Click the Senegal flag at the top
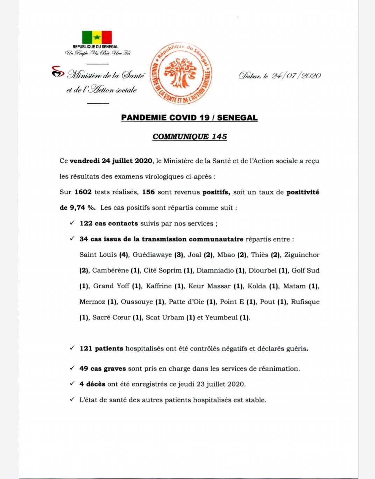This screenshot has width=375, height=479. tap(97, 37)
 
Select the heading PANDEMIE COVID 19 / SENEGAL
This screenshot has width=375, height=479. tap(189, 118)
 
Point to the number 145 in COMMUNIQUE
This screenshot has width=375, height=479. tap(219, 136)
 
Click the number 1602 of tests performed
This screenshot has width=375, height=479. tap(83, 192)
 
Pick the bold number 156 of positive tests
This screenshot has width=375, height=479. tap(148, 192)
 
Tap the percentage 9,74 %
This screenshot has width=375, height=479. tap(82, 207)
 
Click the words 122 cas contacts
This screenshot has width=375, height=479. tap(108, 223)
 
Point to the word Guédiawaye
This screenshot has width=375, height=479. tap(152, 255)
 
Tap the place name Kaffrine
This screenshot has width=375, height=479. tap(158, 286)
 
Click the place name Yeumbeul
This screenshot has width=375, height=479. tap(221, 317)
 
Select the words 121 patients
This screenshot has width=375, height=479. tap(101, 348)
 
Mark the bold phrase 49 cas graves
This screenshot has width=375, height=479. tap(102, 368)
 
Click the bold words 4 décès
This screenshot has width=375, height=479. tap(92, 384)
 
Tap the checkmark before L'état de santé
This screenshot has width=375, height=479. tap(72, 399)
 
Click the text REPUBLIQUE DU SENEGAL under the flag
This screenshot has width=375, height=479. tap(95, 47)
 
